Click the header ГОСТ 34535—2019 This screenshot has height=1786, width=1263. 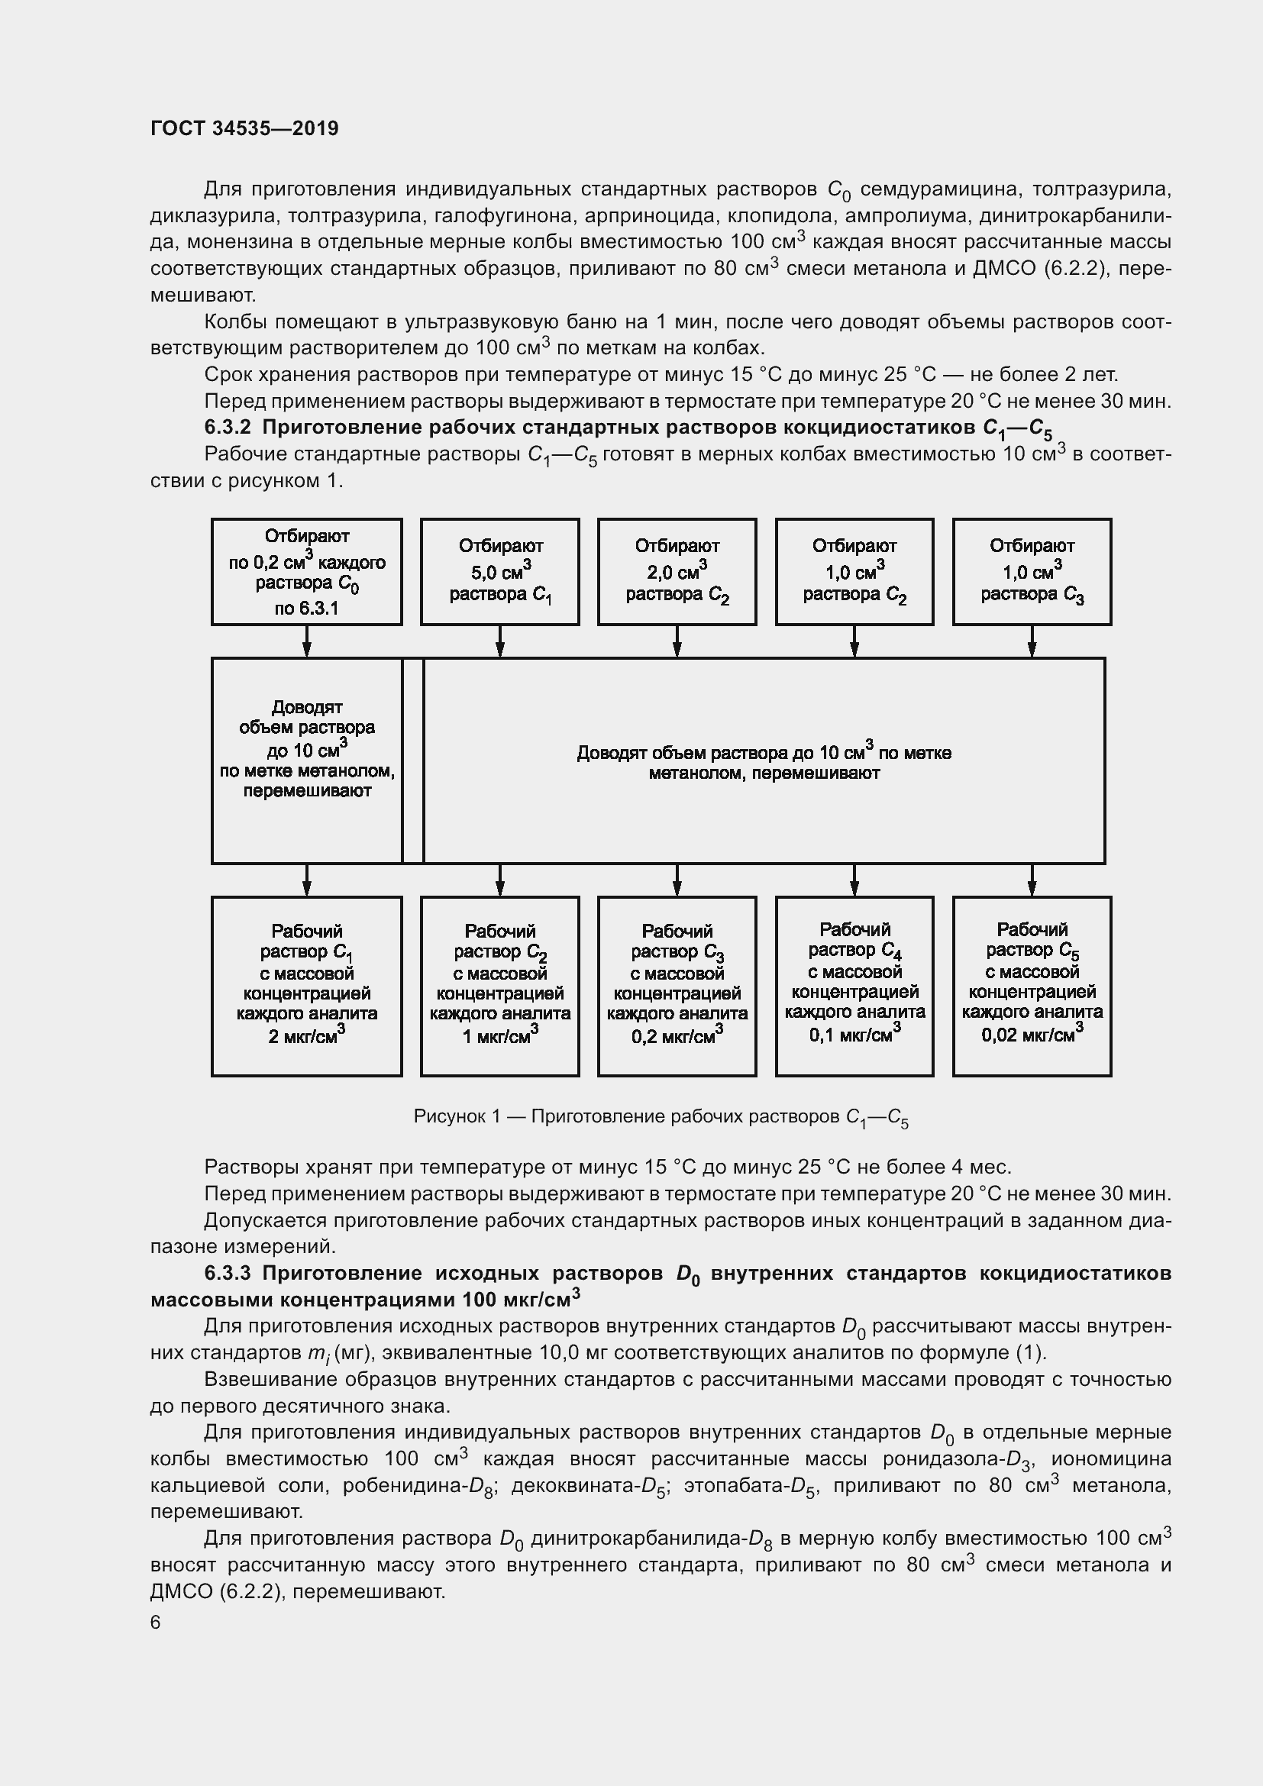click(x=244, y=128)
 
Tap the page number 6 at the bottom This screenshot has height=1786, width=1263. click(x=156, y=1622)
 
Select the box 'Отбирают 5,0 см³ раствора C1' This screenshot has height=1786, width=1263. click(x=500, y=572)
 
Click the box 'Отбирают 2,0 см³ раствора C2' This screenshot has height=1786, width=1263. click(x=677, y=572)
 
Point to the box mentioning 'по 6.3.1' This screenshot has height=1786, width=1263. click(x=306, y=572)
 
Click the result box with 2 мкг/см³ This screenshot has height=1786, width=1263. click(x=306, y=987)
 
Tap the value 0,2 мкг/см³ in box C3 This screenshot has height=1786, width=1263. click(x=677, y=1035)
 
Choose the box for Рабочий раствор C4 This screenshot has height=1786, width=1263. click(x=854, y=987)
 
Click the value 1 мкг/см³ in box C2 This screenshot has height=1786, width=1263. click(x=500, y=1035)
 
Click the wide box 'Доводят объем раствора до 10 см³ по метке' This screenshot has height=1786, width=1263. click(x=764, y=761)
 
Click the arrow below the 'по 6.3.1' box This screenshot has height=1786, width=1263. click(x=306, y=641)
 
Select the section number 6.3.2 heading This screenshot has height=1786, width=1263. click(x=228, y=427)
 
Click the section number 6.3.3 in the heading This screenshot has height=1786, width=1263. click(x=228, y=1274)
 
